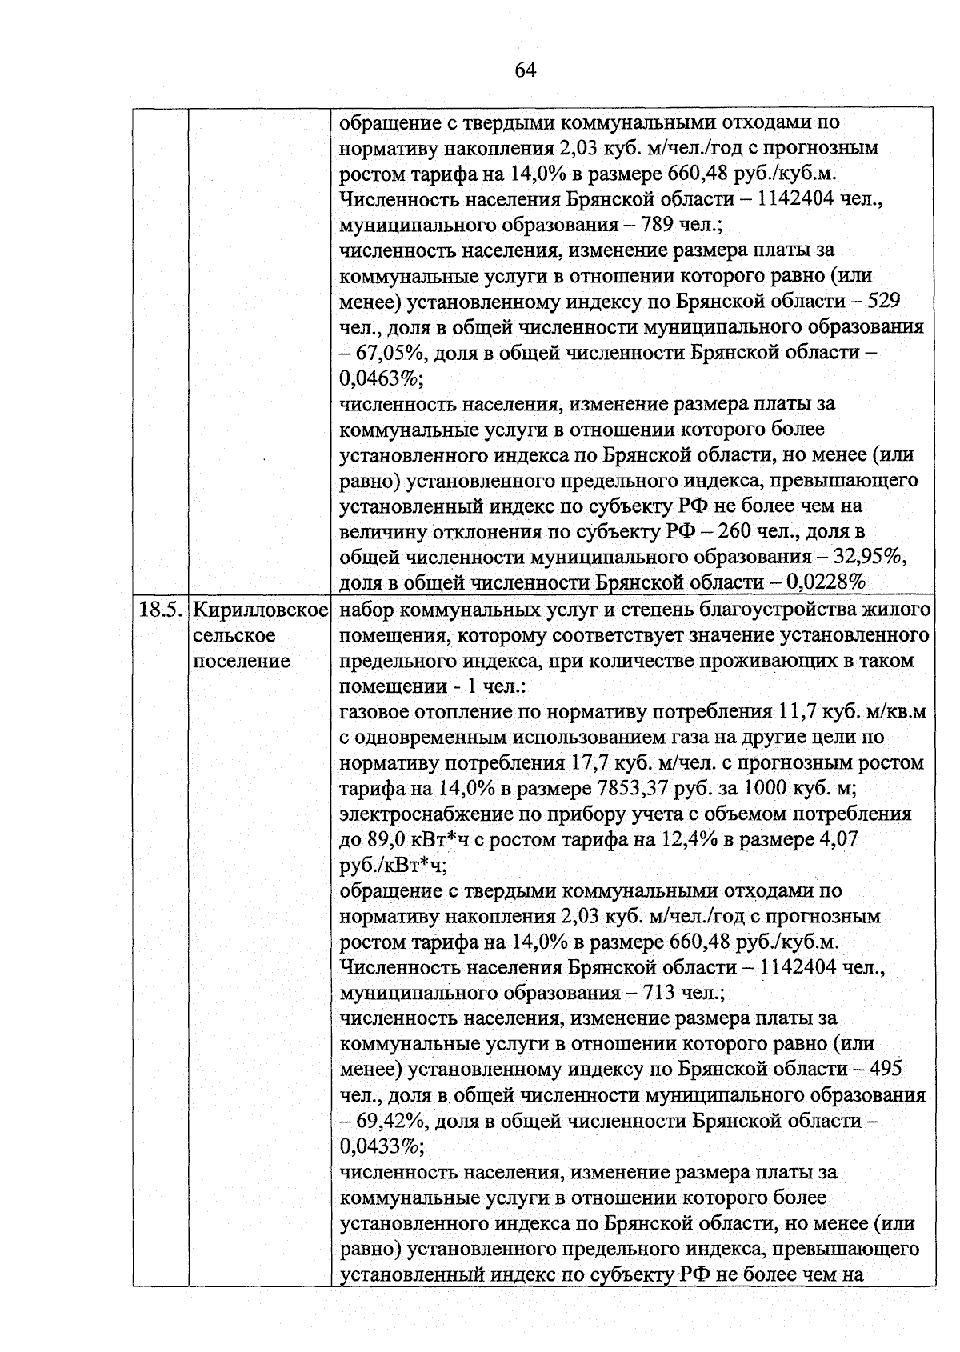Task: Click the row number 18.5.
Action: pos(158,610)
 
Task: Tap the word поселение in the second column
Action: pos(241,662)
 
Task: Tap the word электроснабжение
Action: pos(421,814)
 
